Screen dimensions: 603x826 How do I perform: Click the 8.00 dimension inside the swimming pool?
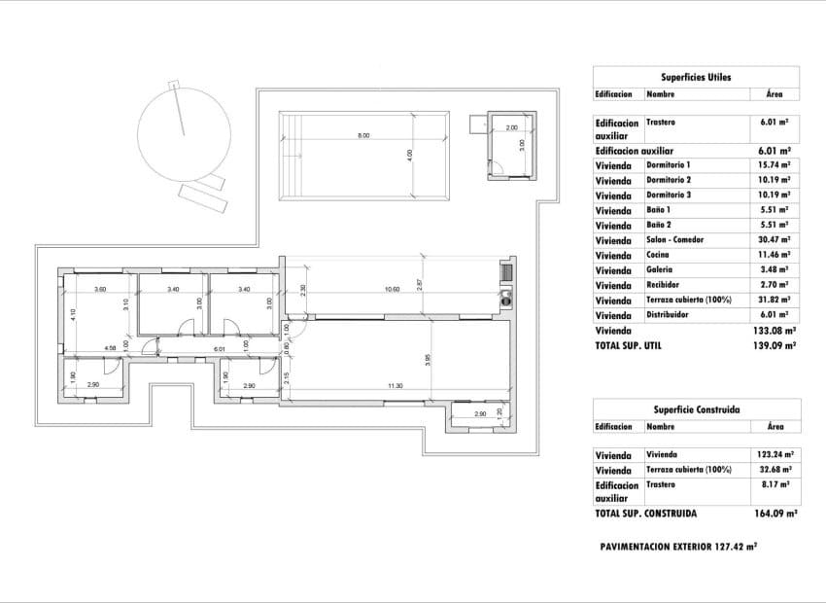pos(363,135)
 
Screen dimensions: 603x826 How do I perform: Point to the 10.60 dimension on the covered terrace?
pos(392,289)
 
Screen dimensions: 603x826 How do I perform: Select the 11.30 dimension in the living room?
pos(395,386)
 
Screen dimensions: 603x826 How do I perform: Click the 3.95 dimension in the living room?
pos(427,360)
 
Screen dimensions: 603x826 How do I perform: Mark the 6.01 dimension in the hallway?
pos(219,347)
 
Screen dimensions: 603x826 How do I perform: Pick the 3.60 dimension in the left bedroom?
pos(100,289)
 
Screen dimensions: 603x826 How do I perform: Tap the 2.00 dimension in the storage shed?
pos(511,127)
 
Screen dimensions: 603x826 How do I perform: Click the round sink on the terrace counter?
pos(505,299)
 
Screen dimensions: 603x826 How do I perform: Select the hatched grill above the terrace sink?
pos(505,270)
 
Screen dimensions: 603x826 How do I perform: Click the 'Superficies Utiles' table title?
pos(696,76)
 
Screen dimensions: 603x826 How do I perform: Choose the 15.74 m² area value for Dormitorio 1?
pos(774,165)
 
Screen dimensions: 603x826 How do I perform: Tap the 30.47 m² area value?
pos(774,240)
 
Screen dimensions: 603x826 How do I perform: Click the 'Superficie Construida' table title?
pos(696,409)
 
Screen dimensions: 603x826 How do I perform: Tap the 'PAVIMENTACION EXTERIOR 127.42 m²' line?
pos(679,547)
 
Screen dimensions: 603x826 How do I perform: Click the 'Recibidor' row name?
pos(665,285)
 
